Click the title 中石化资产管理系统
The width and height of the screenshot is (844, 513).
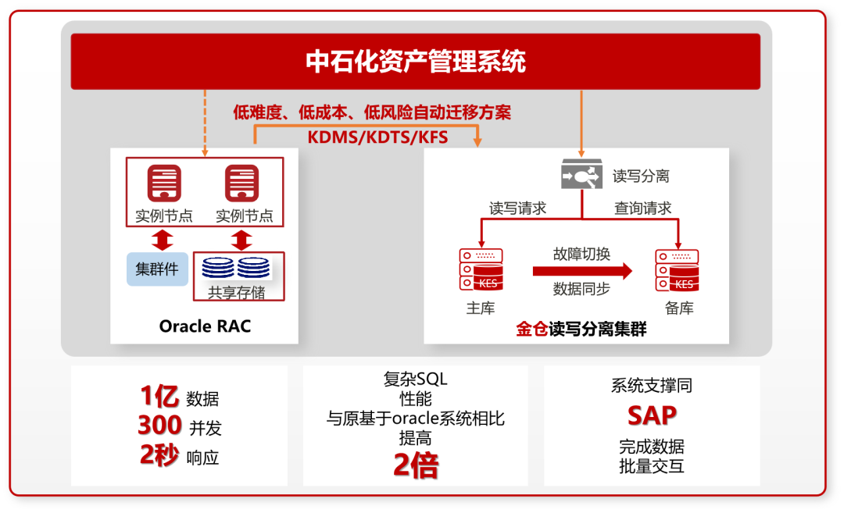(x=415, y=62)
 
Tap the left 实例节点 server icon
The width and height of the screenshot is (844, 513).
(x=164, y=184)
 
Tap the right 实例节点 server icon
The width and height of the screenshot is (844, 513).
(x=242, y=184)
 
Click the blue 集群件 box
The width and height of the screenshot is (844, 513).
(x=157, y=269)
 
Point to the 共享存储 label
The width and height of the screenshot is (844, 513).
(x=236, y=293)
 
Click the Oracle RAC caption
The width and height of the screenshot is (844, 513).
(x=205, y=326)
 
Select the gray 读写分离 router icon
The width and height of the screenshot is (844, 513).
(x=582, y=175)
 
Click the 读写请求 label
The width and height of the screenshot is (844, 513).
(x=517, y=208)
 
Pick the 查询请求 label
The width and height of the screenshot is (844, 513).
(x=642, y=208)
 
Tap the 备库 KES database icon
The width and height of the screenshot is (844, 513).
(x=678, y=270)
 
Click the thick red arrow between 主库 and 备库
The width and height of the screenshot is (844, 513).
(x=582, y=271)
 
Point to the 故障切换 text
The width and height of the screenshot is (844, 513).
(x=581, y=254)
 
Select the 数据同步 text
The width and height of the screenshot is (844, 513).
(x=581, y=288)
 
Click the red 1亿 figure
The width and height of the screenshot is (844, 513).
(x=159, y=397)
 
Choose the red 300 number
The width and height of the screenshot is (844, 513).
(x=159, y=426)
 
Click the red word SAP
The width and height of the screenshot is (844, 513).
(x=652, y=415)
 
